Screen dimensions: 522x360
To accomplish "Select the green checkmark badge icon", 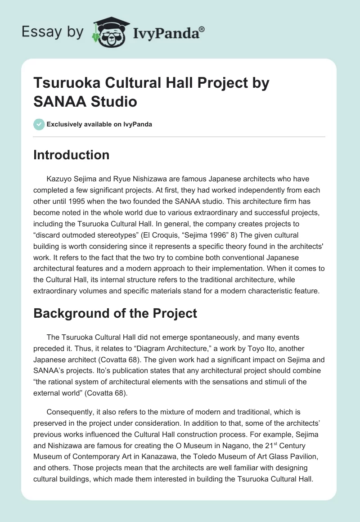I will (x=39, y=124).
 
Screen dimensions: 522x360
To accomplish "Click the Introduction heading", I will (x=72, y=155).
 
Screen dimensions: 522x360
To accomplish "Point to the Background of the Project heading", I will (x=115, y=313).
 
